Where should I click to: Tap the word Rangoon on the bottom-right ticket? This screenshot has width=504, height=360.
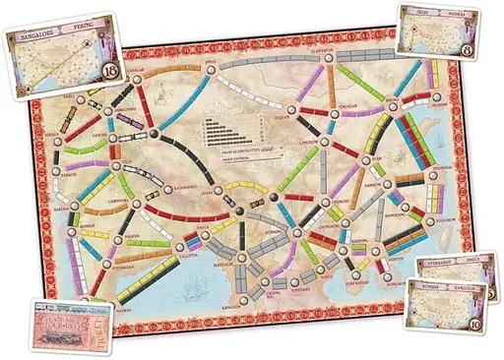click(472, 292)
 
